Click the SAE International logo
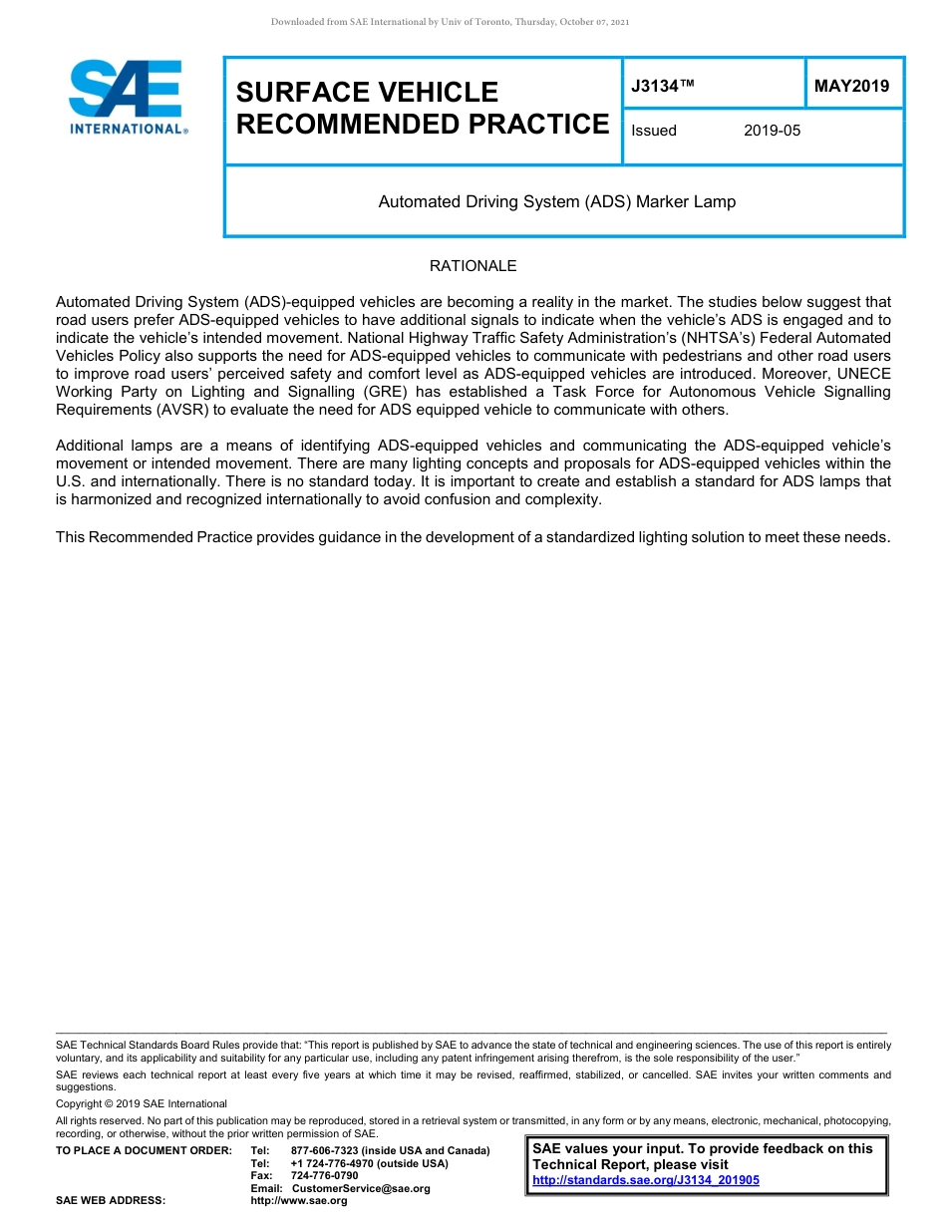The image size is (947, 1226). (x=128, y=97)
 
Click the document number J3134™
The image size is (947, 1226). (x=662, y=87)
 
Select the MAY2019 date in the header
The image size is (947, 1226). (x=851, y=87)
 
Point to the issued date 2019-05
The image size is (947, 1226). (x=772, y=131)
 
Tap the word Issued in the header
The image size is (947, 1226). (x=654, y=131)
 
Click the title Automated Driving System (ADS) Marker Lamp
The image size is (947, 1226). (x=556, y=201)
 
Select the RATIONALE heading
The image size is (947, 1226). (x=473, y=266)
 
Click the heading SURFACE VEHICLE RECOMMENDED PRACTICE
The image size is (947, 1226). (x=422, y=108)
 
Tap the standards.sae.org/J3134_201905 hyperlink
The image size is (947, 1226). (x=646, y=1180)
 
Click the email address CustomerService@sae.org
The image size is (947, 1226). (x=361, y=1188)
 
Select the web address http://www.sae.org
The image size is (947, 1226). (x=299, y=1201)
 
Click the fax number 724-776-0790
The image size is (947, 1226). (x=324, y=1176)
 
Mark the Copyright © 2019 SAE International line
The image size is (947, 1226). (x=142, y=1103)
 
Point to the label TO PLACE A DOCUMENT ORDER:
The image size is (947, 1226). (x=144, y=1151)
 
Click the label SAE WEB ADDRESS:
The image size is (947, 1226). (x=111, y=1201)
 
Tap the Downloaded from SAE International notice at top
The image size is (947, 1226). (x=450, y=21)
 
